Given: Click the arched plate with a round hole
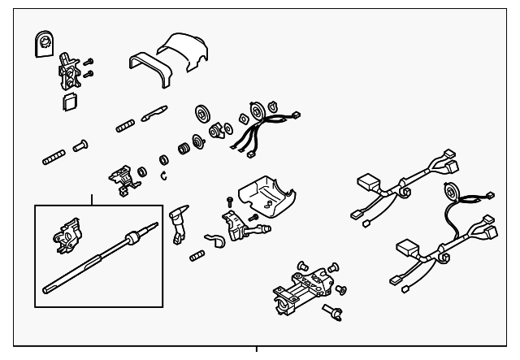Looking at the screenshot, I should (x=44, y=44).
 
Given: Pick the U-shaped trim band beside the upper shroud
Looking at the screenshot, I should (x=146, y=69).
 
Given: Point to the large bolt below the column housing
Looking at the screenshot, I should (x=332, y=310).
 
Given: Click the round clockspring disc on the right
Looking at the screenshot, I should (x=448, y=195).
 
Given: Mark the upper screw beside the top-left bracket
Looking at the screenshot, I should (x=89, y=61).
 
